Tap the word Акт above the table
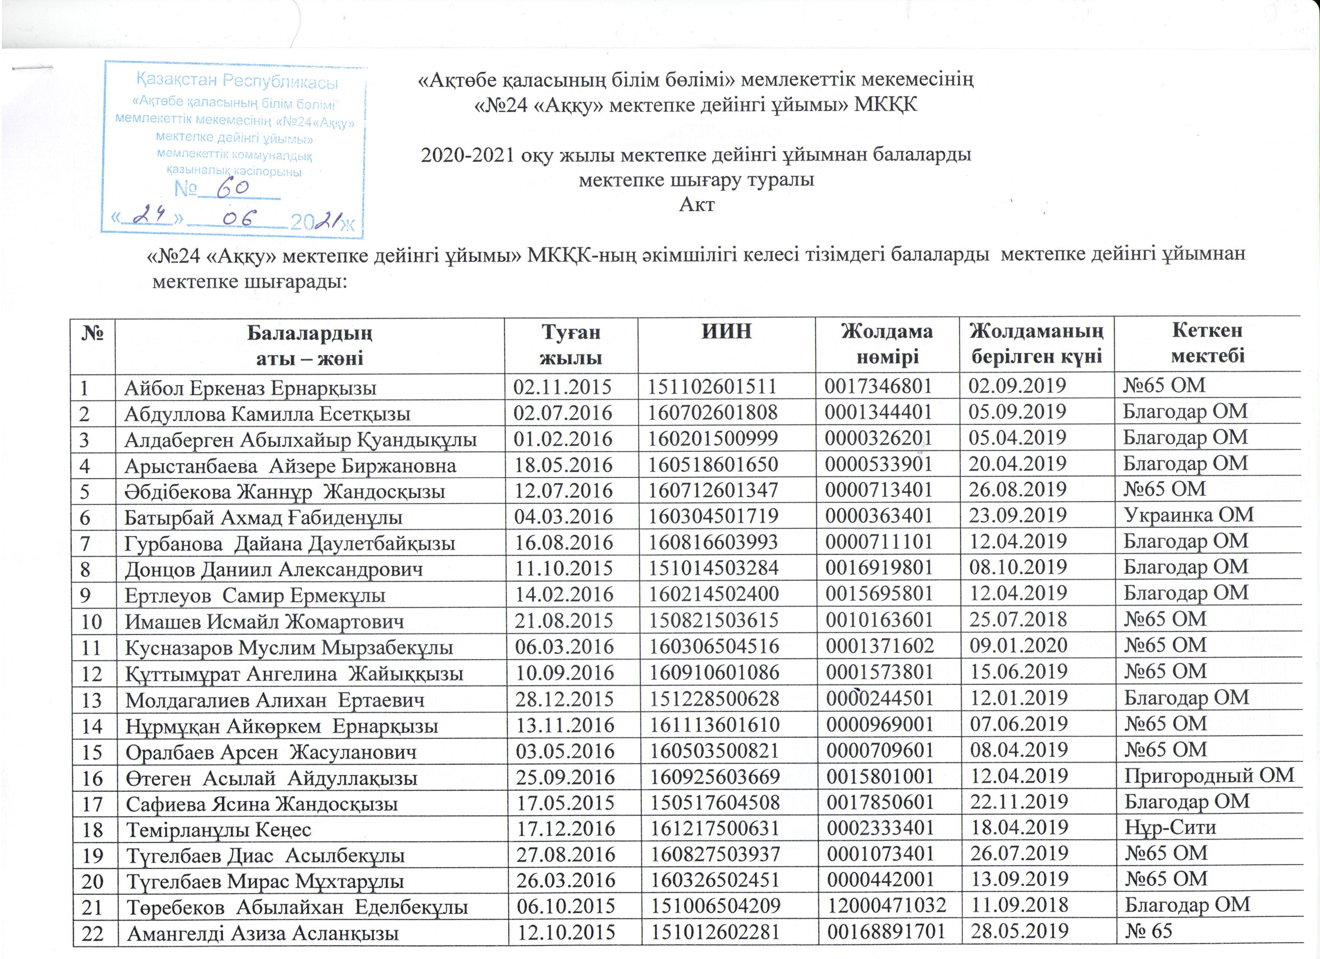coord(696,205)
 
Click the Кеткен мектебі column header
coord(1207,343)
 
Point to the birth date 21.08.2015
coord(563,620)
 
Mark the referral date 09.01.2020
coord(1018,646)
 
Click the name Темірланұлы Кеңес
coord(219,830)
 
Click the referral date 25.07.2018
coord(1018,620)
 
